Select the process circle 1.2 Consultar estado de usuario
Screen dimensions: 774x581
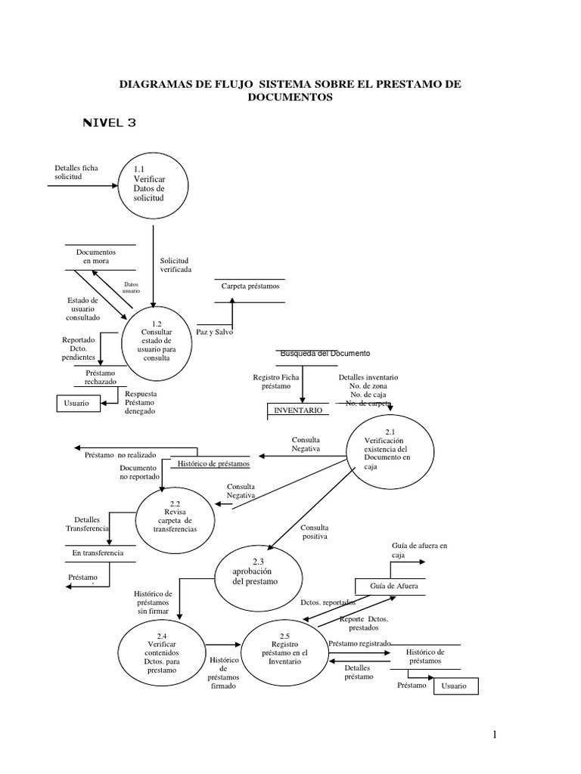coord(156,342)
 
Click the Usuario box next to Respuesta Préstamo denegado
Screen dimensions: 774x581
coord(77,404)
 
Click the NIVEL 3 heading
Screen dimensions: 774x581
coord(109,122)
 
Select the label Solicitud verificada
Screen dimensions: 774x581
coord(175,265)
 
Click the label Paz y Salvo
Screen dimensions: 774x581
coord(215,333)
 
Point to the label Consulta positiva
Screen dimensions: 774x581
coord(314,531)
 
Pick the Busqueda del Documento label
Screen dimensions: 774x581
coord(325,354)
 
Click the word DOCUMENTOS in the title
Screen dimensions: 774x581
coord(290,97)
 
